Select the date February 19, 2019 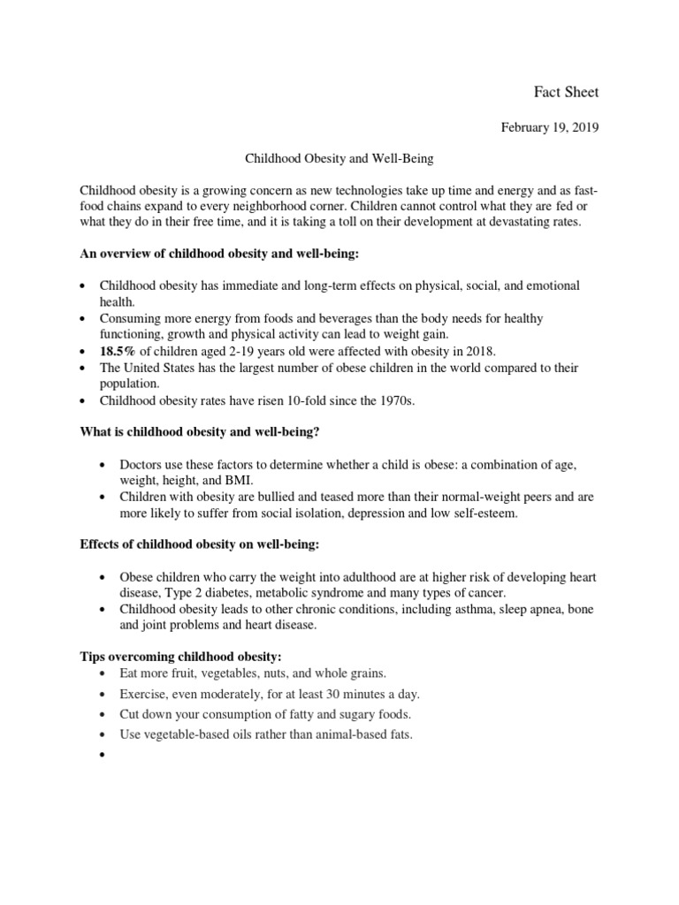(550, 127)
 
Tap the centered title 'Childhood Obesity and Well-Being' (339, 159)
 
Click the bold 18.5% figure (118, 351)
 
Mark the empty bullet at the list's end (103, 757)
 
